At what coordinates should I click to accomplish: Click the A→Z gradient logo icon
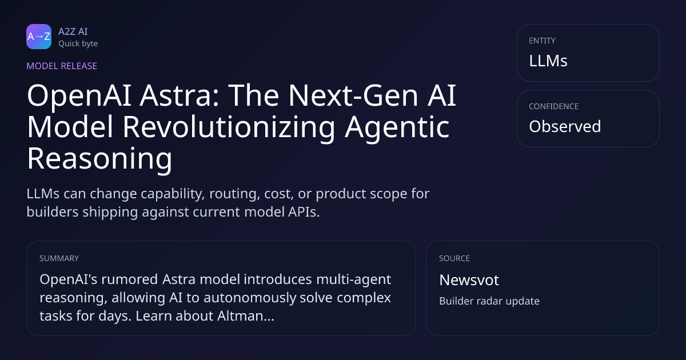[39, 37]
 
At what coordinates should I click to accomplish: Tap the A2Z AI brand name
[73, 31]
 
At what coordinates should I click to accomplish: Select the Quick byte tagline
[78, 44]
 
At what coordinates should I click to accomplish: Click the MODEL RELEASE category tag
[62, 66]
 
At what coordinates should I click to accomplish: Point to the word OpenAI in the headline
[79, 97]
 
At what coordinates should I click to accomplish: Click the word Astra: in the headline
[180, 95]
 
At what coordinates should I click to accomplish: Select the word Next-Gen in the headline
[353, 95]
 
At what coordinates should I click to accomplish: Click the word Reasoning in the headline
[99, 159]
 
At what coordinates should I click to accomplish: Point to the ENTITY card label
[542, 41]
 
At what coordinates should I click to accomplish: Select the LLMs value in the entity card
[548, 61]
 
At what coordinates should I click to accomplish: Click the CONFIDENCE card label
[554, 106]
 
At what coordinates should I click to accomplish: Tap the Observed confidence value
[565, 126]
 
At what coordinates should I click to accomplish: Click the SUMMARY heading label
[59, 258]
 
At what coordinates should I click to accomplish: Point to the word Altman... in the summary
[246, 316]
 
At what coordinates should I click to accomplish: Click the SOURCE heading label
[454, 258]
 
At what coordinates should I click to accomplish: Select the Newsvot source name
[469, 280]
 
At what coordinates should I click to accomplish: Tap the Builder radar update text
[489, 301]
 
